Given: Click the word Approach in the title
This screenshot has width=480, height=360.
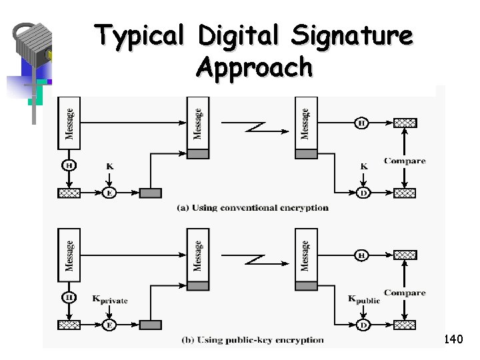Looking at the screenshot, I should tap(255, 67).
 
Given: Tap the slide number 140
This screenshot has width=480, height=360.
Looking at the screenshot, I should tap(453, 340).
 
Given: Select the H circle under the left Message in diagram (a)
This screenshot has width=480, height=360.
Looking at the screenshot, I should tap(69, 165).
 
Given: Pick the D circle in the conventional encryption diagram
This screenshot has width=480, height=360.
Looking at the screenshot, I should tap(363, 193).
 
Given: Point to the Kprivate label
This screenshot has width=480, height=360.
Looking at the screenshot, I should tap(109, 300).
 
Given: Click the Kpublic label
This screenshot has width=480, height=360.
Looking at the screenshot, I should tap(363, 299).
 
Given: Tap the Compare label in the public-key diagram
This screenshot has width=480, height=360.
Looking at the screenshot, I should tap(404, 293).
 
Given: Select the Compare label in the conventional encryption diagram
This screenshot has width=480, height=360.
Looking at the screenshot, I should tap(404, 161).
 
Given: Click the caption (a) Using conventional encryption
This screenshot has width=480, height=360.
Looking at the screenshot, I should tap(253, 207).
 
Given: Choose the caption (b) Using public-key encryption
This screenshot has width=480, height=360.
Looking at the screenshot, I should tap(253, 340).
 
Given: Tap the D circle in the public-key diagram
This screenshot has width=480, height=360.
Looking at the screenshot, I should tap(363, 325).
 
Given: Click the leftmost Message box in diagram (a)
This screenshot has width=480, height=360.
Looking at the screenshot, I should tap(69, 123).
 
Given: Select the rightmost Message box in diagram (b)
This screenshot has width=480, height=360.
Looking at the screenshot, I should tap(305, 255).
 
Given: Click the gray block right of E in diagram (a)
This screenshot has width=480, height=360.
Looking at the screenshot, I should tap(150, 193).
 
